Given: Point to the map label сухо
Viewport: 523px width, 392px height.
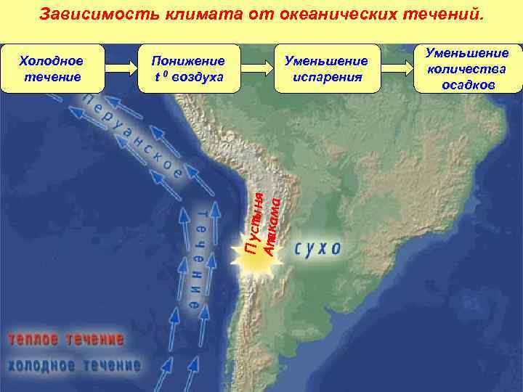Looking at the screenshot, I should (x=317, y=248).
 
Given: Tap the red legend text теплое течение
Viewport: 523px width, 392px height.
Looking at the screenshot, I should (x=66, y=339).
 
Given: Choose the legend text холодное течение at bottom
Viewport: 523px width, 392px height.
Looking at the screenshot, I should (x=75, y=364).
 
